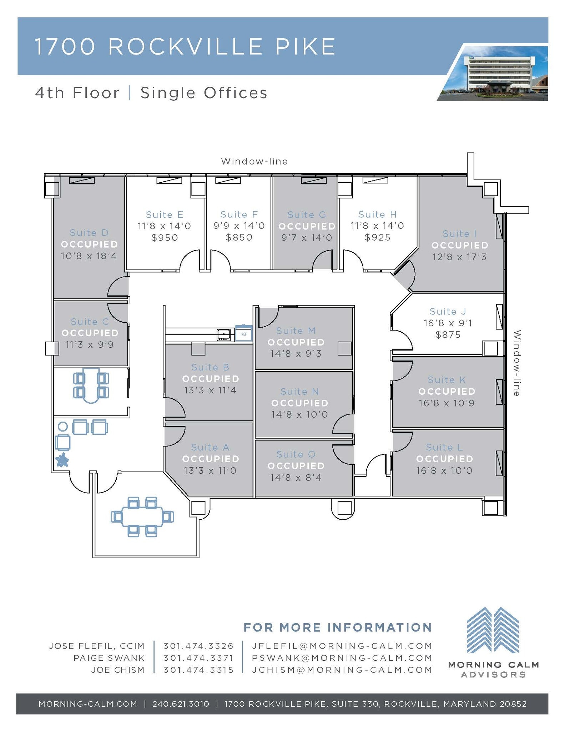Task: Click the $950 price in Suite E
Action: pos(164,238)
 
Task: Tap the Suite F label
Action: pos(239,215)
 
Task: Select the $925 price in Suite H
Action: pos(378,237)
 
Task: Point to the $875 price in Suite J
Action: pos(448,335)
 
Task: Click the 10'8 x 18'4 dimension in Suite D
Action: pos(89,256)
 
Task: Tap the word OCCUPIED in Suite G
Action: pos(307,226)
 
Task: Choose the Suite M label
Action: pos(296,331)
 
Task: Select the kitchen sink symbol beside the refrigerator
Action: pos(224,335)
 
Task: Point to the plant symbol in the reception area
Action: pos(62,460)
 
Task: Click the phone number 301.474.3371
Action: pos(198,658)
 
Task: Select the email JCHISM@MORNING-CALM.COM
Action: pos(342,670)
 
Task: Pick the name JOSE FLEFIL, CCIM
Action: pos(97,646)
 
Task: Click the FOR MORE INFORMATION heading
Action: pos(338,627)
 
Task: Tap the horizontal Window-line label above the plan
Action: pos(254,161)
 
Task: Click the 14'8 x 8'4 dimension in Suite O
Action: pos(296,478)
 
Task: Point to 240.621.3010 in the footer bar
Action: pos(181,704)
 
